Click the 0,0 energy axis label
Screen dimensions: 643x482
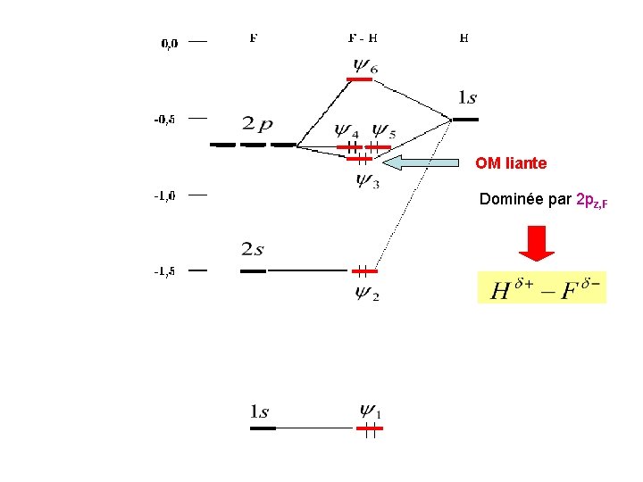click(169, 43)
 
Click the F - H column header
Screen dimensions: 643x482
click(362, 38)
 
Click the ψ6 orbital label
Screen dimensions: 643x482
click(365, 65)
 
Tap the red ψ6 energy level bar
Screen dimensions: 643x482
click(360, 79)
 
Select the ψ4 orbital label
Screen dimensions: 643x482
click(347, 132)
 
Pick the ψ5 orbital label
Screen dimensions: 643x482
click(384, 132)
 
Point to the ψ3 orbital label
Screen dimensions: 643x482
click(367, 180)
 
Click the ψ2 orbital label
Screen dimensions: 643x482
click(367, 292)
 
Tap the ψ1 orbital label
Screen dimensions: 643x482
click(371, 411)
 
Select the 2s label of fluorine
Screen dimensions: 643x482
click(252, 249)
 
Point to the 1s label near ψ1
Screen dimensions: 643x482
click(259, 411)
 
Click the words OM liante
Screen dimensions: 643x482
click(511, 163)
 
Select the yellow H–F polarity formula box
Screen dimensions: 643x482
click(541, 287)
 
